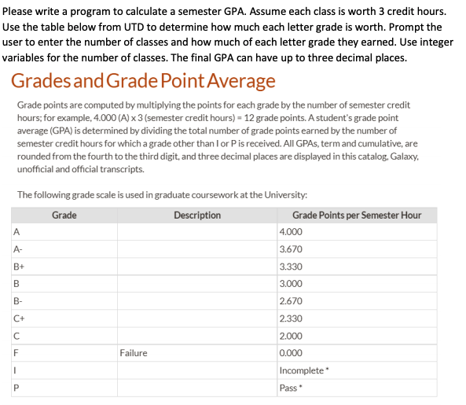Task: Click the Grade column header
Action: pos(64,215)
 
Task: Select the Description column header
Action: pos(197,215)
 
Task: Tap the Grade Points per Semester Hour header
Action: pos(356,215)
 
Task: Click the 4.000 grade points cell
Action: pos(291,232)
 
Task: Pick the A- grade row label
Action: pos(19,249)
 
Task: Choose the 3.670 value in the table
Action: pos(291,249)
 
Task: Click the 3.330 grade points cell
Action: pos(291,267)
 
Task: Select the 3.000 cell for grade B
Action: pos(291,284)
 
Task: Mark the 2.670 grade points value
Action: pos(291,301)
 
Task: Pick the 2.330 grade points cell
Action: pos(291,318)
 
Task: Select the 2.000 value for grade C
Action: pos(291,336)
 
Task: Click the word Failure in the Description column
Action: pos(134,353)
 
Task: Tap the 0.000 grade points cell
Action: pos(291,353)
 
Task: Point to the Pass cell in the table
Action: pos(290,388)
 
